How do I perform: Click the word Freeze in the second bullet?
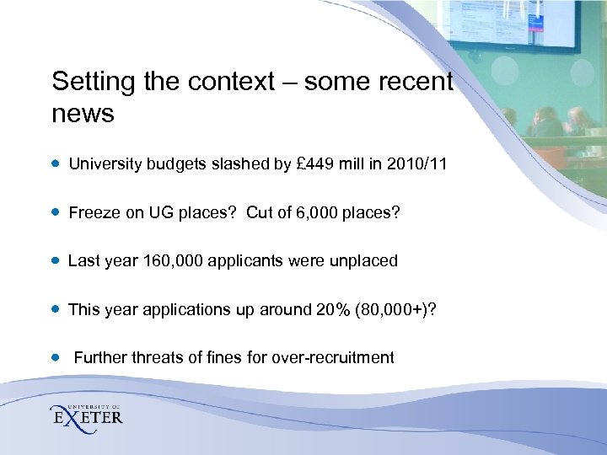click(93, 213)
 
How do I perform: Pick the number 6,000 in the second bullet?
click(318, 213)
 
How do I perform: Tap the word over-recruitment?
click(332, 357)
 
